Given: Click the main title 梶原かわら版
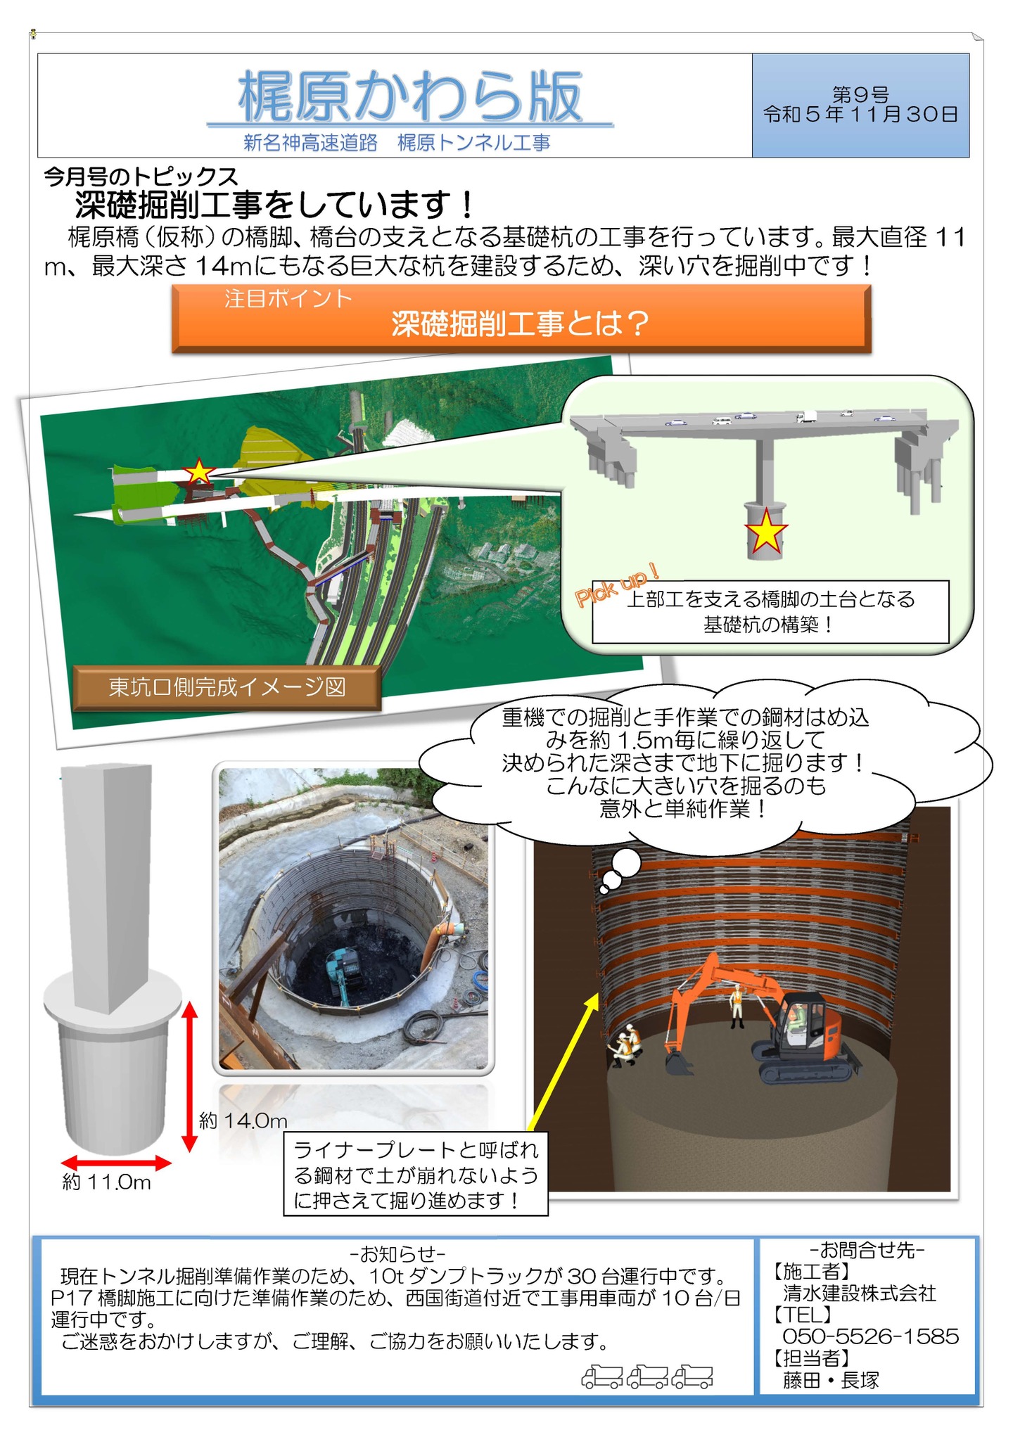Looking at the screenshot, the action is point(410,97).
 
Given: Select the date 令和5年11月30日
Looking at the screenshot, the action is point(860,114).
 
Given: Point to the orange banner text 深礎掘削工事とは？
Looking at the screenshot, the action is point(521,324).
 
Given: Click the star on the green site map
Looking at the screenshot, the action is point(199,471).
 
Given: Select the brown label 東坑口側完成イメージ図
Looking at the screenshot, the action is point(227,687).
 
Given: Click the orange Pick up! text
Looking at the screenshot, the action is point(617,585).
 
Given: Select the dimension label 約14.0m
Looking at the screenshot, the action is point(243,1120).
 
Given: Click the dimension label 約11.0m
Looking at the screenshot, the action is point(107,1182).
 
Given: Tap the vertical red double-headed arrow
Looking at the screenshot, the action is point(189,1077).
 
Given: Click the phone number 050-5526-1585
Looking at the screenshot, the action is point(871,1336).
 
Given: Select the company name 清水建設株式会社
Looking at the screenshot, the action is point(860,1293).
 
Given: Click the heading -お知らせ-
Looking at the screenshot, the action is point(397,1253).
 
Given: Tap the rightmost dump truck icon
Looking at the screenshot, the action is point(692,1377).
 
